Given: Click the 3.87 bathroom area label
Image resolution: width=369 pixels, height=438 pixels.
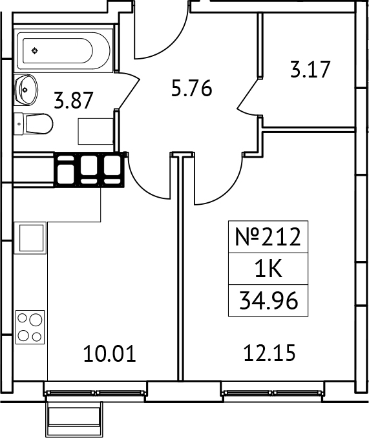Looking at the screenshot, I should point(74,101).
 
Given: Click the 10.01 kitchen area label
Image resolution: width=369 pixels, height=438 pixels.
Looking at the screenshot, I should point(110,354).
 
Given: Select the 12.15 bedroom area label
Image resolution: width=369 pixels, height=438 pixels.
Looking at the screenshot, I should point(269,354).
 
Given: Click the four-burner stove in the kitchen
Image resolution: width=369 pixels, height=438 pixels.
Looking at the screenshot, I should point(30,326).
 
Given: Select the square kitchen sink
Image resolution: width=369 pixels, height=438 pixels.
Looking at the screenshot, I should point(30,237).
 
